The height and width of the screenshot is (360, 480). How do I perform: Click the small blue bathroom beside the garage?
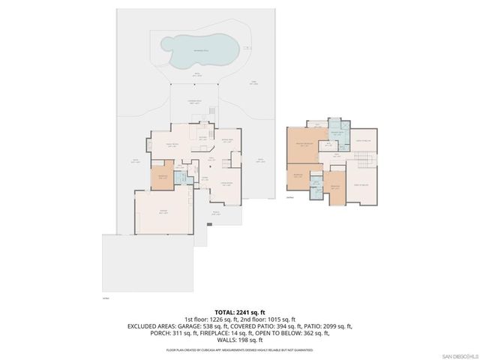[x=180, y=178]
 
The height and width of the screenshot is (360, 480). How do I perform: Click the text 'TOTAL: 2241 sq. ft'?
[x=239, y=310]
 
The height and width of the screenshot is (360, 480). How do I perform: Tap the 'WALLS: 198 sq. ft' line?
[x=239, y=341]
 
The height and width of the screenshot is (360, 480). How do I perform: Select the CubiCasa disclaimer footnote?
[x=239, y=349]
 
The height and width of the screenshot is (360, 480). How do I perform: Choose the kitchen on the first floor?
[x=203, y=138]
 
